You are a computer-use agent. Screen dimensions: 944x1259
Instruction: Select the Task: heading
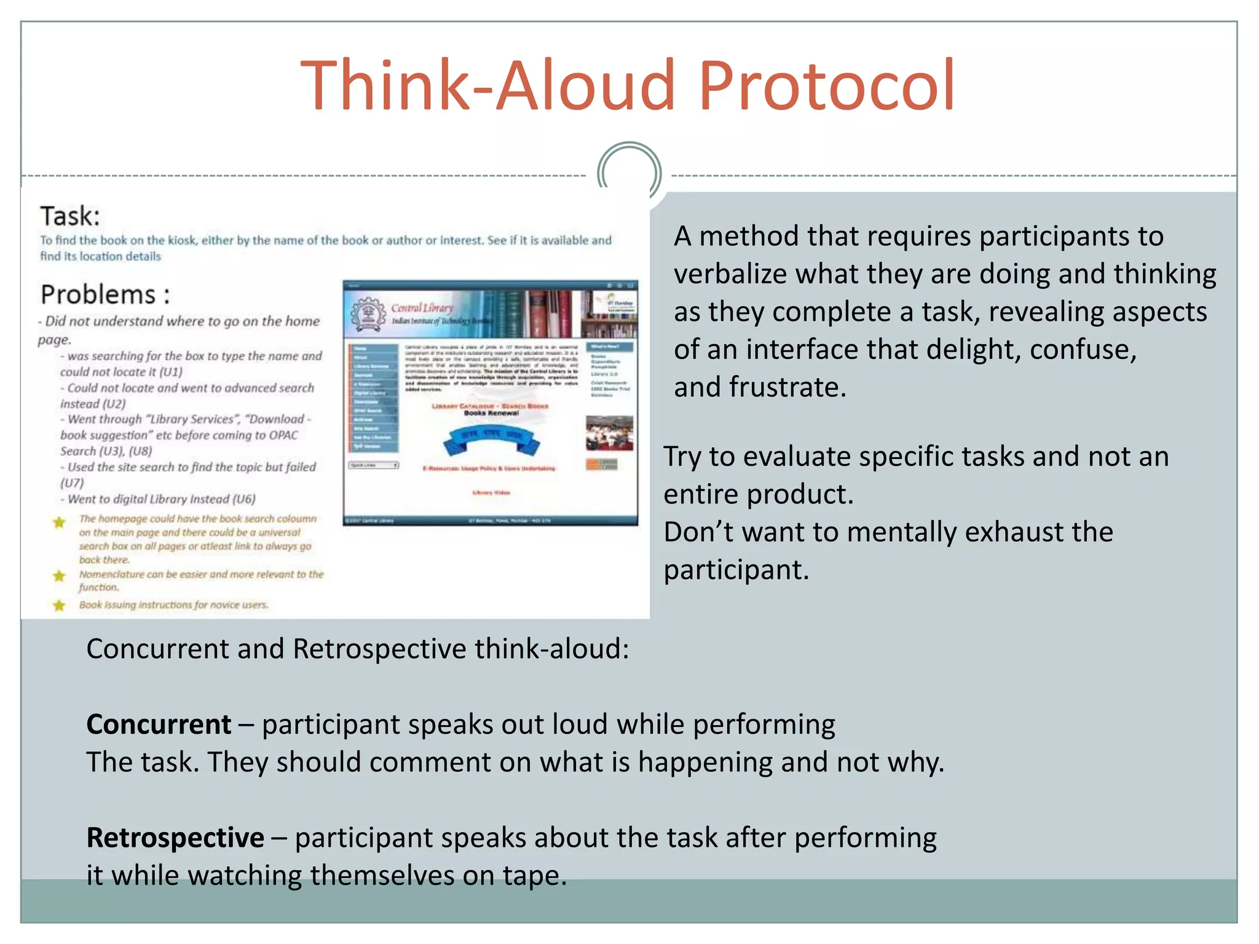tap(70, 216)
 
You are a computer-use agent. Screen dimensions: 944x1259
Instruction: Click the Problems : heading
tap(105, 294)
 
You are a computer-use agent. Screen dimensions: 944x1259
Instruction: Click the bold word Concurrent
tap(159, 724)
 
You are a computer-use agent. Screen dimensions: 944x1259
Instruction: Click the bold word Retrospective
tap(175, 838)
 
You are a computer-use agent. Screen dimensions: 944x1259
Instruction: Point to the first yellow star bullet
tap(59, 522)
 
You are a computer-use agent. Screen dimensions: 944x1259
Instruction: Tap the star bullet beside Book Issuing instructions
tap(59, 605)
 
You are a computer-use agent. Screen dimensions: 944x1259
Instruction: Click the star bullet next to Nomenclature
tap(59, 576)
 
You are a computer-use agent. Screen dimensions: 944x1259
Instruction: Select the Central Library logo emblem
tap(368, 314)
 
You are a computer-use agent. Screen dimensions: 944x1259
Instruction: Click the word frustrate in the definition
tap(787, 387)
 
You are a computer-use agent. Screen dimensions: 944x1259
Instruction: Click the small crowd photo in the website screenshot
tap(609, 433)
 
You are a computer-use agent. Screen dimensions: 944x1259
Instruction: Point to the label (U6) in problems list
tap(244, 499)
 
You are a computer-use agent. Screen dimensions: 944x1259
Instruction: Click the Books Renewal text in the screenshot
tap(491, 414)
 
